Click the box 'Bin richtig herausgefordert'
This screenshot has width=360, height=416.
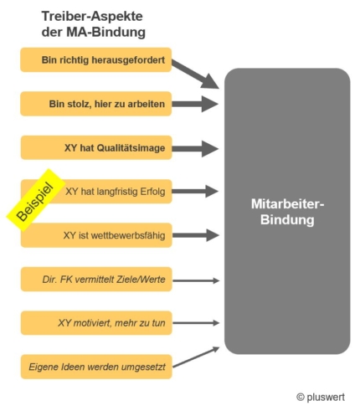[x=95, y=59]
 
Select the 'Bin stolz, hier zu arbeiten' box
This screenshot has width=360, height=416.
[x=95, y=104]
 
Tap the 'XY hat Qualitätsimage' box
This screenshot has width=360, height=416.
[x=96, y=147]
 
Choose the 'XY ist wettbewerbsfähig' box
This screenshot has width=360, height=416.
[x=96, y=235]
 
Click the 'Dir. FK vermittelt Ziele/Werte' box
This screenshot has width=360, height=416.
[x=96, y=280]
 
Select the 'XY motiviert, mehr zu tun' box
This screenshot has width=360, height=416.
[x=96, y=323]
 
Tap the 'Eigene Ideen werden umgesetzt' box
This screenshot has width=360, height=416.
[x=96, y=367]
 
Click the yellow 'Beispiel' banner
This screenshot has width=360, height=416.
[x=35, y=200]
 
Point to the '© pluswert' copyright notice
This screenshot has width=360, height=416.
[x=321, y=397]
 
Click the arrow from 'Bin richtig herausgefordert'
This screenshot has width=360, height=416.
[x=195, y=74]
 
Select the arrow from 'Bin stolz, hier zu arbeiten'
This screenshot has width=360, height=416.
[x=195, y=104]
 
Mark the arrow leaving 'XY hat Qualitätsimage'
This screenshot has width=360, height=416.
[x=195, y=148]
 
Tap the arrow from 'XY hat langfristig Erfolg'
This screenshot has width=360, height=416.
[x=195, y=192]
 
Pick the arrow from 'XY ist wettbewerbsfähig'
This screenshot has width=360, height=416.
[x=196, y=235]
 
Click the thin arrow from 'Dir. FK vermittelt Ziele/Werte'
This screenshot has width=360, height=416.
[x=196, y=280]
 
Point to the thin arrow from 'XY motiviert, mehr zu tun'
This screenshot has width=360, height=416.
[x=196, y=323]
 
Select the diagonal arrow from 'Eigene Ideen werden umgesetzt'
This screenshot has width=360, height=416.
[x=196, y=357]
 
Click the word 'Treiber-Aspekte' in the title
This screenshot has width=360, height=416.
[x=92, y=17]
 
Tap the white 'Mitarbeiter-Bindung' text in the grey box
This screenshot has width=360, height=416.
[x=287, y=212]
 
